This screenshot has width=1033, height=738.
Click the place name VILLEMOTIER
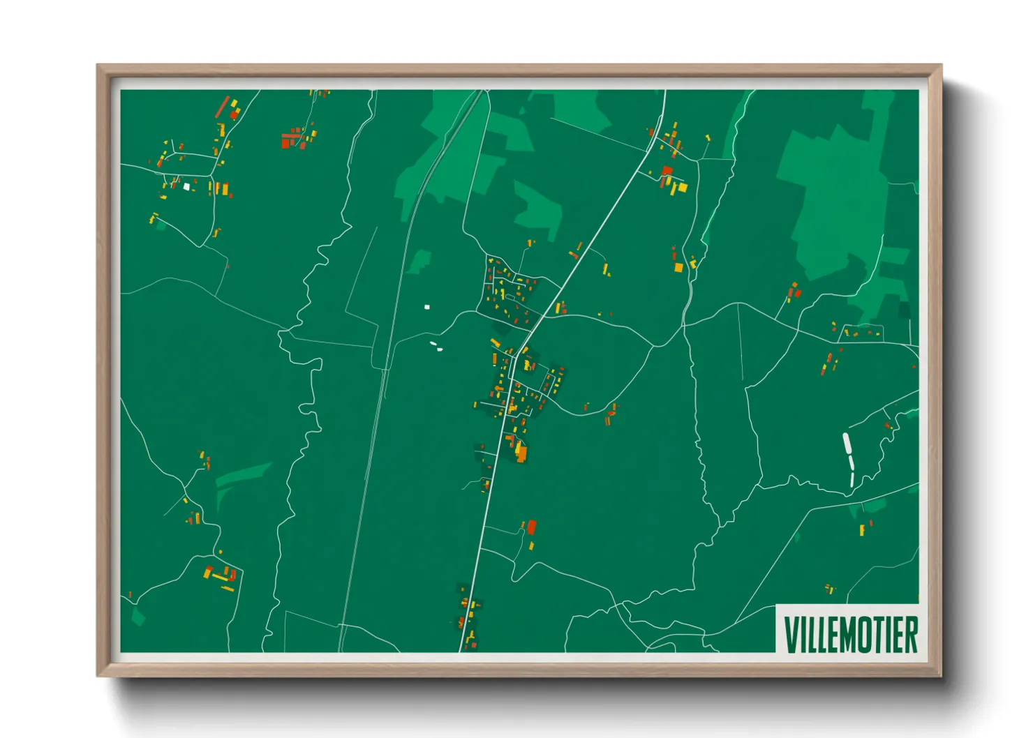pos(849,634)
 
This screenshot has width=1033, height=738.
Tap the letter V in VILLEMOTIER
pos(791,634)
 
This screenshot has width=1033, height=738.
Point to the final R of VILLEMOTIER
pos(911,634)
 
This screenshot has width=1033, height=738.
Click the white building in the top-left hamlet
pos(186,186)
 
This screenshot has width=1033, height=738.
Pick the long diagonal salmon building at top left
pos(223,107)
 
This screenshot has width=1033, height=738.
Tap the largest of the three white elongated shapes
pos(847,444)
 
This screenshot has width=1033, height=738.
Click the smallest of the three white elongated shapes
pos(852,479)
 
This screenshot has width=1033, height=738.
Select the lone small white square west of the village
pos(427,307)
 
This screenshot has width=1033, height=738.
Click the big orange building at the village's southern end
pos(521,453)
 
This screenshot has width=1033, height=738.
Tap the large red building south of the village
pos(532,527)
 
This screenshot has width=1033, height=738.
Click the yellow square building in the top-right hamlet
pos(682,187)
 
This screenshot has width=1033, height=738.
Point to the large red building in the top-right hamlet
pos(667,171)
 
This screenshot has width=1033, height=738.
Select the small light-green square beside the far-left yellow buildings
pos(161,225)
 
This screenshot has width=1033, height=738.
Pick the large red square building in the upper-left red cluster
pos(285,143)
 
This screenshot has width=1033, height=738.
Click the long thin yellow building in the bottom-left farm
pos(220,578)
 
